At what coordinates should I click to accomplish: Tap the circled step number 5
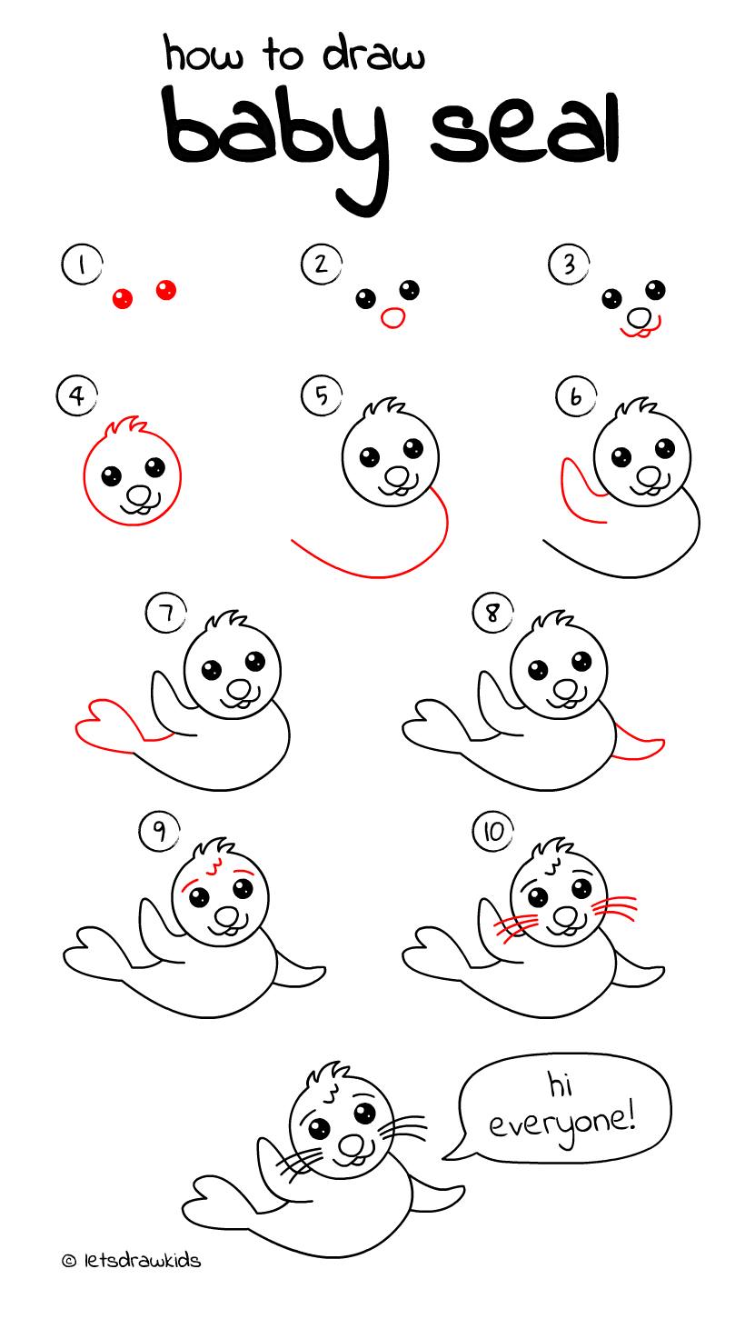pos(322,396)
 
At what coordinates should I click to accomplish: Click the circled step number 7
pos(165,615)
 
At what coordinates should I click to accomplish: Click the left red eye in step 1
pos(122,297)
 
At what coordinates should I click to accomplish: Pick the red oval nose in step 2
pos(392,317)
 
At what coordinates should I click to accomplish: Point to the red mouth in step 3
pos(640,333)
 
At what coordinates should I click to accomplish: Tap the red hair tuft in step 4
pos(125,425)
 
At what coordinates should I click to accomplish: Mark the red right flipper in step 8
pos(641,744)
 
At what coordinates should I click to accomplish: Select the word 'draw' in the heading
pos(373,55)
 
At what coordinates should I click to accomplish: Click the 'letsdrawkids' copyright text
pos(132,1261)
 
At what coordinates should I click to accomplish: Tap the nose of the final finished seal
pos(350,1144)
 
